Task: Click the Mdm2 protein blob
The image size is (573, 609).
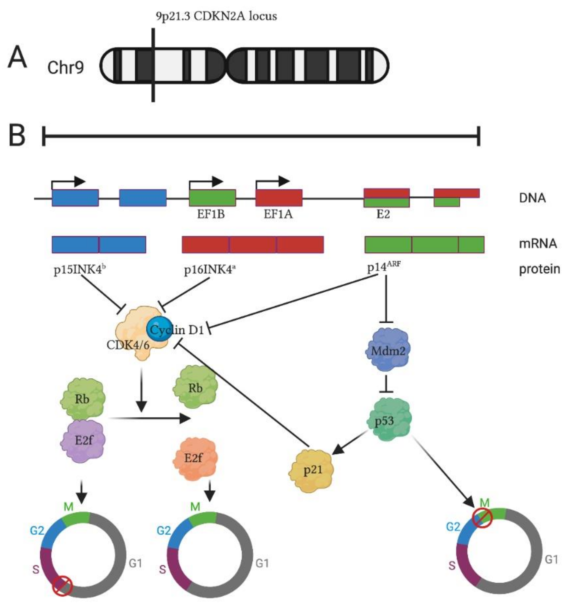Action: tap(388, 351)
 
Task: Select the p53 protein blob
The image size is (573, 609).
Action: tap(389, 420)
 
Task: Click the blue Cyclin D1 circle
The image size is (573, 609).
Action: tap(159, 329)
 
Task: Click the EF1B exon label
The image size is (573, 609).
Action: tap(211, 214)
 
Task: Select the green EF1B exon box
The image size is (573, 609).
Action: tap(212, 198)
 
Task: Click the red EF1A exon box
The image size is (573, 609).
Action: tap(279, 198)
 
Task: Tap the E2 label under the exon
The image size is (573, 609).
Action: tap(383, 214)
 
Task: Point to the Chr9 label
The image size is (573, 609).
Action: tap(65, 67)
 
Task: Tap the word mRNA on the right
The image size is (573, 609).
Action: tap(538, 244)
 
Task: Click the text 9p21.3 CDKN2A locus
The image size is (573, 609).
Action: tap(216, 16)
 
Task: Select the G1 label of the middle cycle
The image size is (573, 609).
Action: tap(262, 563)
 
